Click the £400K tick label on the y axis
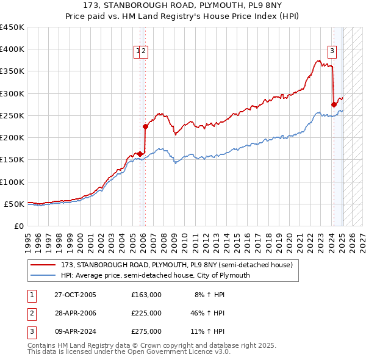coord(12,49)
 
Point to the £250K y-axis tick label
coord(12,115)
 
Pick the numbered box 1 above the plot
coord(138,51)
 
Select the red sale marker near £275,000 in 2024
coord(334,104)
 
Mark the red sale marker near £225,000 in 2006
coord(145,126)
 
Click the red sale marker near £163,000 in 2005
coord(140,154)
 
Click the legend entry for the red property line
coord(177,265)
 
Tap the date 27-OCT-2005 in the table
coord(76,295)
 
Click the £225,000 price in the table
coord(146,313)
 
